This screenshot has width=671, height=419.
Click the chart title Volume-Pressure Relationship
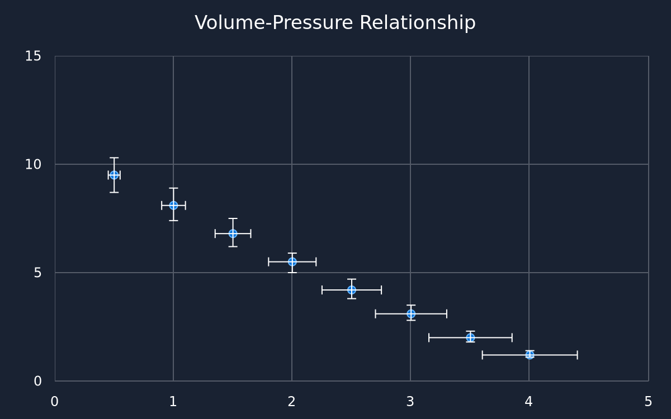pyautogui.click(x=335, y=23)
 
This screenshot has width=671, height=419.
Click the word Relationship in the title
pyautogui.click(x=418, y=23)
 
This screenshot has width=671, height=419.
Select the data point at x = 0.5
pyautogui.click(x=114, y=175)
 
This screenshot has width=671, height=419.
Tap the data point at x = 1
pyautogui.click(x=173, y=206)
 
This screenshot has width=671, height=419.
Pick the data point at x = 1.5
pyautogui.click(x=233, y=234)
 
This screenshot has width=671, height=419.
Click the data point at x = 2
pyautogui.click(x=292, y=262)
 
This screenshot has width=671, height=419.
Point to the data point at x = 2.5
pyautogui.click(x=352, y=290)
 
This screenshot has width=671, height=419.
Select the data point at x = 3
pyautogui.click(x=411, y=314)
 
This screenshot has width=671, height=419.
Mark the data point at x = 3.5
pyautogui.click(x=470, y=337)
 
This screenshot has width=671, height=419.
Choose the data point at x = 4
pyautogui.click(x=530, y=355)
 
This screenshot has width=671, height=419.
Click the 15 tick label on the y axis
pyautogui.click(x=33, y=56)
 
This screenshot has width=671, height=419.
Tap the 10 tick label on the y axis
pyautogui.click(x=33, y=165)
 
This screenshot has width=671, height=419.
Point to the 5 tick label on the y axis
pyautogui.click(x=37, y=273)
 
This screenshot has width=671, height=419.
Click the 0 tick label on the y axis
pyautogui.click(x=37, y=381)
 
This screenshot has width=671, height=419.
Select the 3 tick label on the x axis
pyautogui.click(x=410, y=402)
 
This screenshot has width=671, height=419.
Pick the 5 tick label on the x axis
pyautogui.click(x=648, y=402)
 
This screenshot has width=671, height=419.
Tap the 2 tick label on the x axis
pyautogui.click(x=291, y=402)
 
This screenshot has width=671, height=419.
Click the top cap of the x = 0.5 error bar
pyautogui.click(x=114, y=158)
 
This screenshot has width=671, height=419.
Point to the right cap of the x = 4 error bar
pyautogui.click(x=577, y=355)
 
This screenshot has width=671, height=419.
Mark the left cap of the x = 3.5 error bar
pyautogui.click(x=429, y=337)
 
